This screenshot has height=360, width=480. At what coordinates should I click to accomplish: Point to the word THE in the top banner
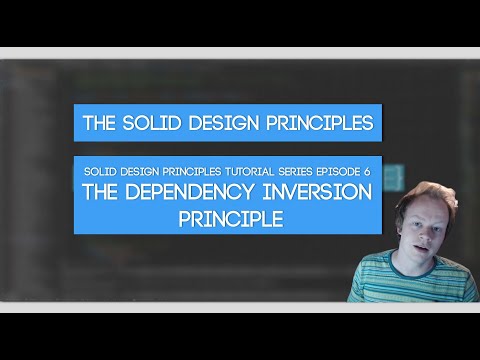pos(104,125)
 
